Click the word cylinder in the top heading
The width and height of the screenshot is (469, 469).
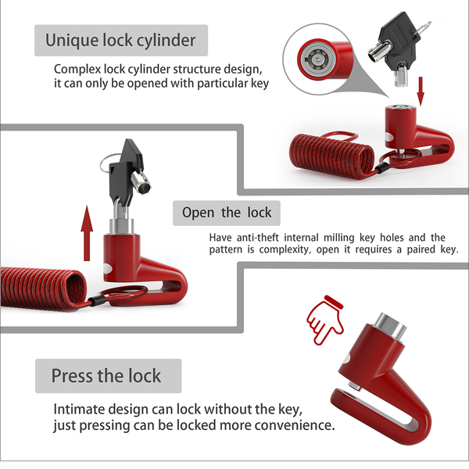point(166,41)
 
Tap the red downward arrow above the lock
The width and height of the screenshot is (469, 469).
point(421,91)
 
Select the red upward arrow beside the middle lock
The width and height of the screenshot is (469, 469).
point(87,233)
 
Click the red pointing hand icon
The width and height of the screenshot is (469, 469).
point(325,320)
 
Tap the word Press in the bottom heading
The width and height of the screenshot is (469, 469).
point(72,376)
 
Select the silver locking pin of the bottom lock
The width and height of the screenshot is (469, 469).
point(354,386)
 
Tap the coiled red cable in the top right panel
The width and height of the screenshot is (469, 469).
point(331,156)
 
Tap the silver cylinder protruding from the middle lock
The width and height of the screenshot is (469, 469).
point(121,227)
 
